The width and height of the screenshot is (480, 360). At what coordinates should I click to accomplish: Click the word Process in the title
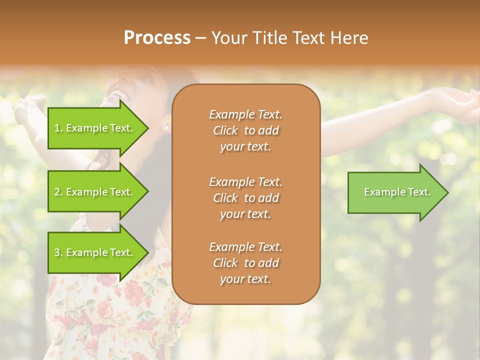[157, 38]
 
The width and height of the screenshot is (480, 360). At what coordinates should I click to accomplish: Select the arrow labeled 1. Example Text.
[95, 128]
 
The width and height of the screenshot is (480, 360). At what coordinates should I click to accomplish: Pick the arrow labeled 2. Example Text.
[95, 192]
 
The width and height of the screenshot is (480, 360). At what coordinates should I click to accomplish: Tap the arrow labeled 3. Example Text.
[95, 252]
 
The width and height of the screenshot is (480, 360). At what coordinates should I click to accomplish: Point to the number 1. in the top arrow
[58, 128]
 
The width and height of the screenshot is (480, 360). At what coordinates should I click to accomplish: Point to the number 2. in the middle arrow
[58, 192]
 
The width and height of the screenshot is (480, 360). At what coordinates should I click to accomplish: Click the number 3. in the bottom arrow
[58, 252]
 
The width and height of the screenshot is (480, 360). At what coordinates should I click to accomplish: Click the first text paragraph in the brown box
[245, 130]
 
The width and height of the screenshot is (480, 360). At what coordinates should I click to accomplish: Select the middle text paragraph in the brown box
[245, 197]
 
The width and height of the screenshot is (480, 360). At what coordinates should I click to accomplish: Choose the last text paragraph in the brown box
[245, 263]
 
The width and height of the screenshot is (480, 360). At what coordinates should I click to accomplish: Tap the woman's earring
[166, 128]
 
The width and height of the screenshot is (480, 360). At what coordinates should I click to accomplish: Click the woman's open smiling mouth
[120, 92]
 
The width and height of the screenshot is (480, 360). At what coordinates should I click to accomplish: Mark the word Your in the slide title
[228, 38]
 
